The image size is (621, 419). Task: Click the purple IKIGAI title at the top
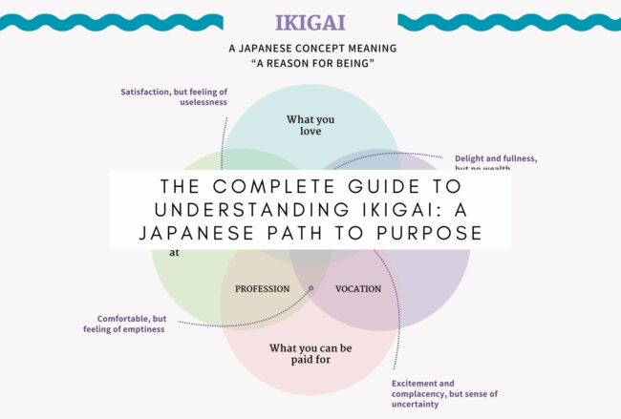coord(310,21)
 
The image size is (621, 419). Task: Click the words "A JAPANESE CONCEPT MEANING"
coord(310,48)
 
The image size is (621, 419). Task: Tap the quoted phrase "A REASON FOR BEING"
coord(310,64)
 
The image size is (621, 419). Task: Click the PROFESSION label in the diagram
coord(262,288)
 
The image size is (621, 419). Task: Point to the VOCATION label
coord(358,288)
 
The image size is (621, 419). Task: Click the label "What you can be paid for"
coord(310,354)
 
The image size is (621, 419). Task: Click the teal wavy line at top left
coord(111,21)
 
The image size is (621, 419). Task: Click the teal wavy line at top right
coord(508,21)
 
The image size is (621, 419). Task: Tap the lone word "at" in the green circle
coord(175,254)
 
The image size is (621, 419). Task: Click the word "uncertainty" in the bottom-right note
coord(415,404)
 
